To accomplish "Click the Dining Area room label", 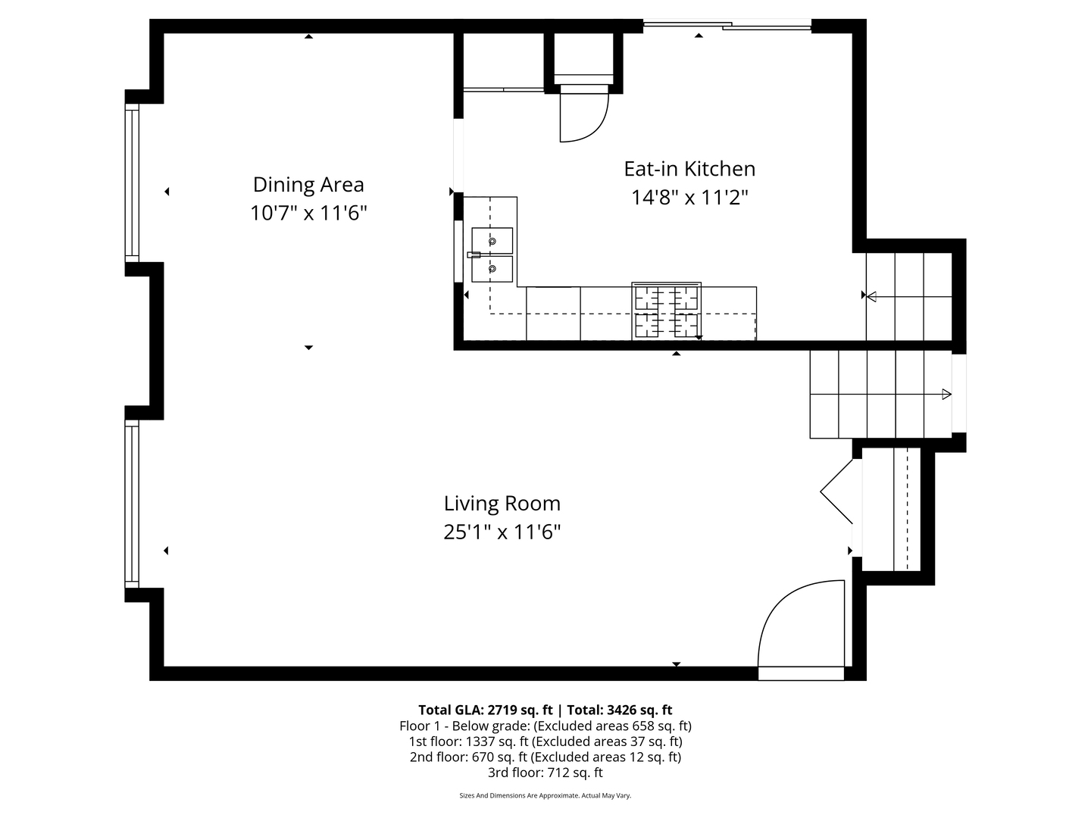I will (308, 185).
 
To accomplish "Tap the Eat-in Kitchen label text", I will (689, 169).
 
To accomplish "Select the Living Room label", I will (502, 504).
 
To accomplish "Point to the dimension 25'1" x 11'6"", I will (502, 532).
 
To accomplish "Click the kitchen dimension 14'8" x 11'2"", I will (689, 198).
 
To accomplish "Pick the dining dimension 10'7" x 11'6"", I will (308, 214).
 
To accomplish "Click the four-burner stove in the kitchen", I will (667, 311).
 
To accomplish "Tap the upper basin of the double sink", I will (492, 241).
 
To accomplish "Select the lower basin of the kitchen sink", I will (492, 269).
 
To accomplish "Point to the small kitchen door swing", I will (582, 117).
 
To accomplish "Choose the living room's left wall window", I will (133, 505).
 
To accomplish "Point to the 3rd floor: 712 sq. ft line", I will (545, 773).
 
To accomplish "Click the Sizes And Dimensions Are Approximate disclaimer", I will (545, 796).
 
